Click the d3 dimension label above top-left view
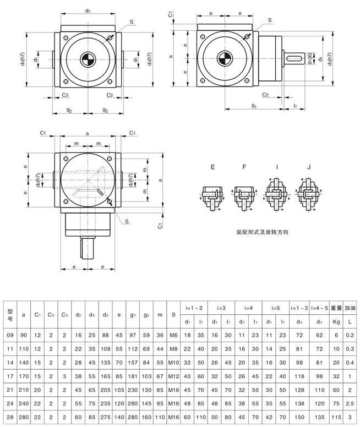coord(88,10)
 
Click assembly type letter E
coord(211,167)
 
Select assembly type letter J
coord(309,167)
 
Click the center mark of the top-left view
coord(88,59)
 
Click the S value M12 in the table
coord(173,375)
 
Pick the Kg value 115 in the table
coord(336,418)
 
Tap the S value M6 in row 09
coord(173,335)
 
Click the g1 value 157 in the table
coord(132,362)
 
